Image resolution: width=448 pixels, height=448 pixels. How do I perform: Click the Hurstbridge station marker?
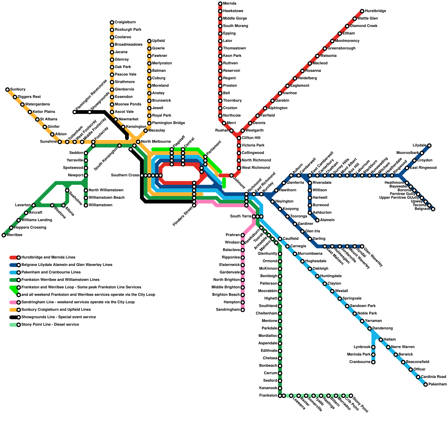(x=362, y=11)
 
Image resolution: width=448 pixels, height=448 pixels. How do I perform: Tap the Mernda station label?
(x=230, y=4)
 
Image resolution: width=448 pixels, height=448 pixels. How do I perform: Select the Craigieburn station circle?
(x=112, y=22)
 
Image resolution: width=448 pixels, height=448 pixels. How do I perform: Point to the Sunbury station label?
(x=18, y=90)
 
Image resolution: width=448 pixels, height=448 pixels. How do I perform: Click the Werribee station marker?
(x=4, y=235)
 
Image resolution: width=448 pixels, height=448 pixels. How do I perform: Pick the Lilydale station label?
(x=419, y=146)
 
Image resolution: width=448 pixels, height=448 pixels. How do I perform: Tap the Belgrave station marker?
(x=433, y=209)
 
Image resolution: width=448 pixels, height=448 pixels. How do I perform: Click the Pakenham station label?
(x=438, y=384)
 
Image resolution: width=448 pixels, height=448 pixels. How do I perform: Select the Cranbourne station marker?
(x=373, y=362)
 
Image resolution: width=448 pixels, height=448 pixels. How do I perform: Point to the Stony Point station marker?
(x=351, y=396)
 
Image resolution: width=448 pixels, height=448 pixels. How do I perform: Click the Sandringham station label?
(x=228, y=310)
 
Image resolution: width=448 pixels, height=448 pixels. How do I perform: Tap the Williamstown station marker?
(x=86, y=205)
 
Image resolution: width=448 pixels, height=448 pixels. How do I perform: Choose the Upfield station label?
(x=158, y=41)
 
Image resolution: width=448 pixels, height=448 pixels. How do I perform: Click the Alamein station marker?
(x=317, y=220)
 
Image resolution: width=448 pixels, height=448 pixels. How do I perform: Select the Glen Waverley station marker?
(x=362, y=246)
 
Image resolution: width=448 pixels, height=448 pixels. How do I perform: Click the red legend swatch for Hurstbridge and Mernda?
(x=13, y=258)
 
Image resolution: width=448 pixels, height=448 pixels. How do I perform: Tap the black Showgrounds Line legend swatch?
(x=13, y=317)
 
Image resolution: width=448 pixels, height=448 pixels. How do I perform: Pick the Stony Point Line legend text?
(x=50, y=325)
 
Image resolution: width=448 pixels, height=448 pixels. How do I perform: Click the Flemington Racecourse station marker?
(x=74, y=112)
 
